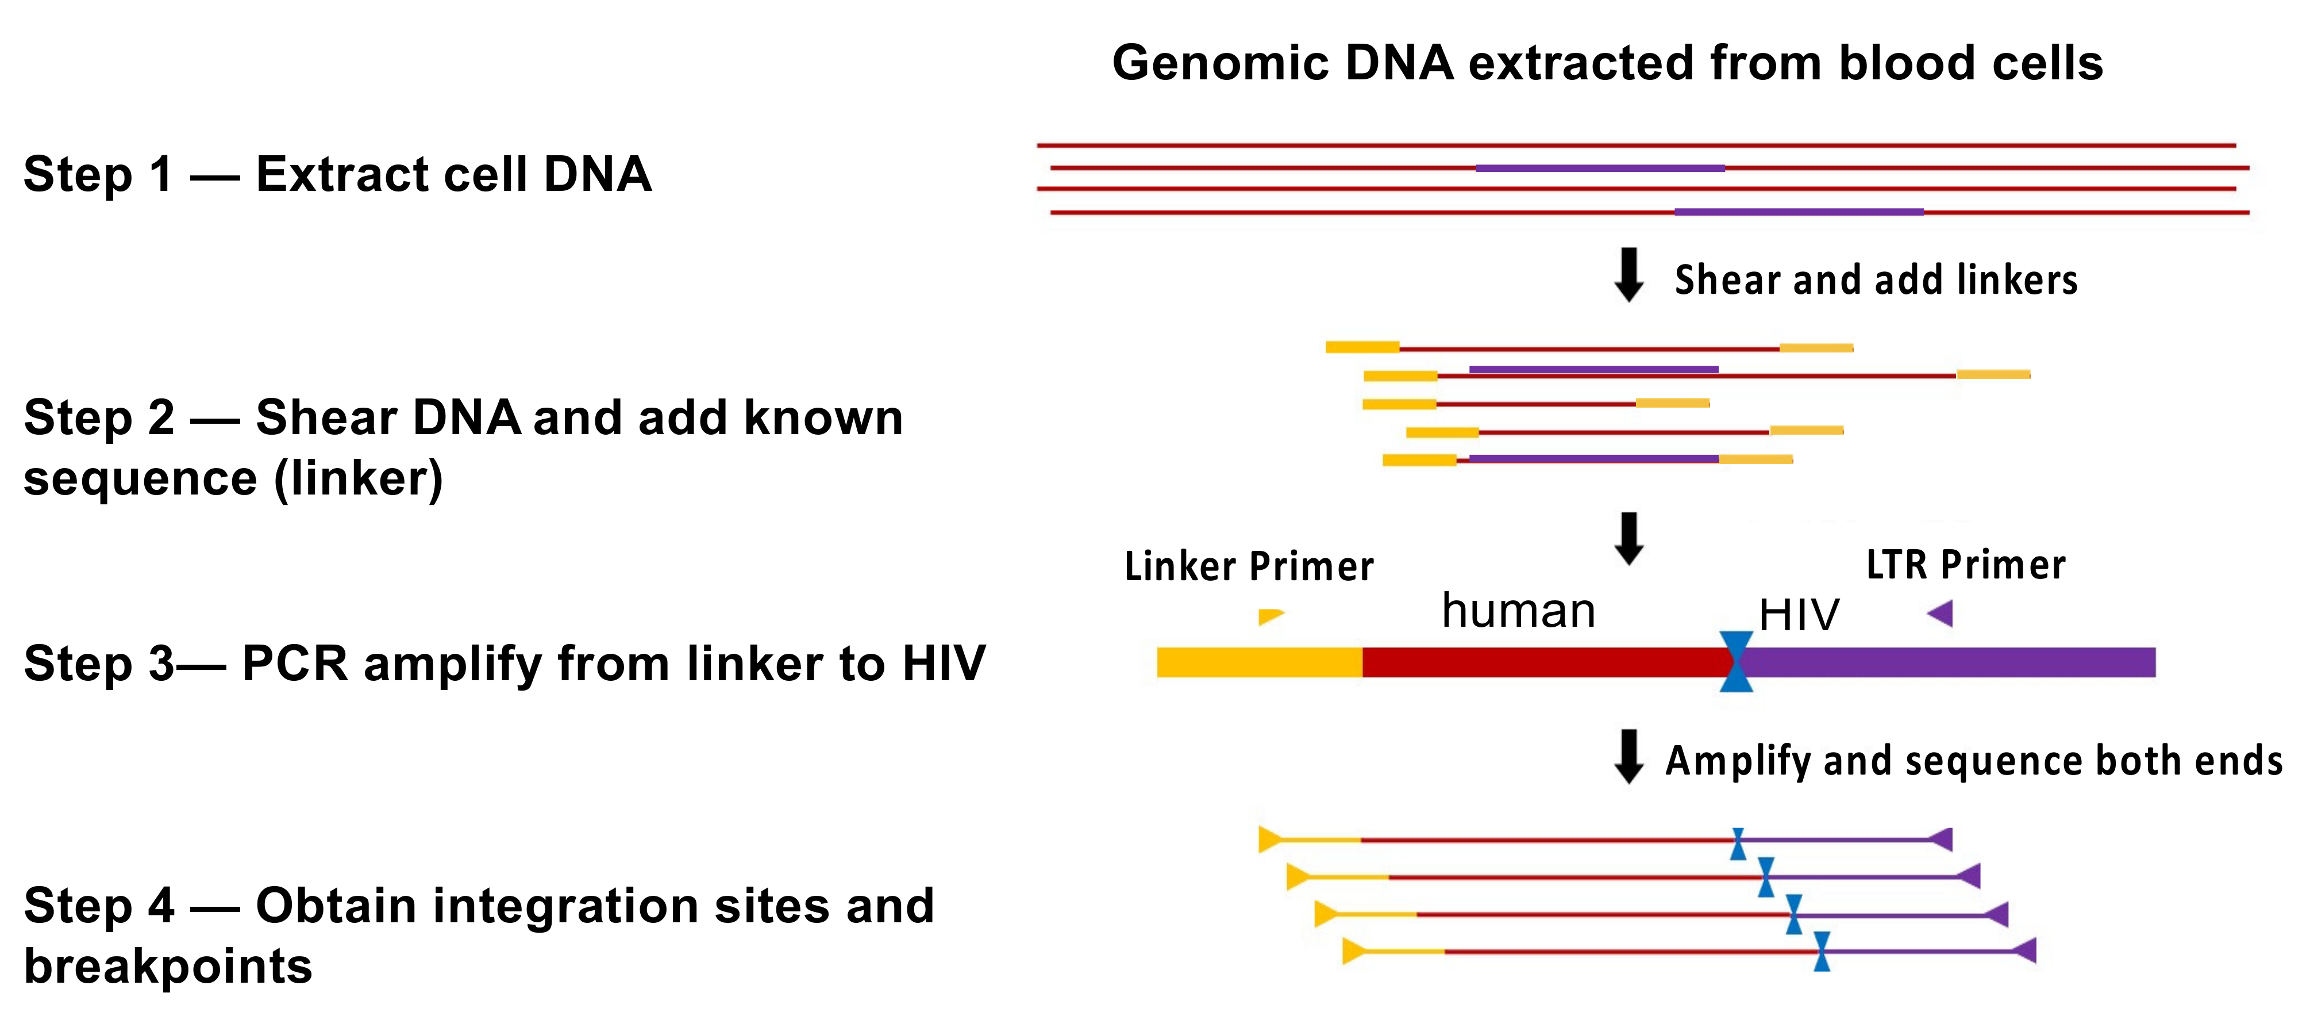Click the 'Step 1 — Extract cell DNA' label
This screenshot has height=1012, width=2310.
pos(337,174)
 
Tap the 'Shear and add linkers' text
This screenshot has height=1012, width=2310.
pos(1876,280)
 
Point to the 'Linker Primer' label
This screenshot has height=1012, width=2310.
pos(1248,566)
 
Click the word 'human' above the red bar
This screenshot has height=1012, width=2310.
pos(1518,611)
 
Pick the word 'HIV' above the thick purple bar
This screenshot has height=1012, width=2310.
pos(1799,615)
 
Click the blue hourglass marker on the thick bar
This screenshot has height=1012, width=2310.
pos(1736,661)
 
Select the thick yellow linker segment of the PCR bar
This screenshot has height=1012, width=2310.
pos(1259,662)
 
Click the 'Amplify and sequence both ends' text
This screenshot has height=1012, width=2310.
pos(1973,761)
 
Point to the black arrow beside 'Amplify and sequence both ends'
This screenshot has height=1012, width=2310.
pos(1628,756)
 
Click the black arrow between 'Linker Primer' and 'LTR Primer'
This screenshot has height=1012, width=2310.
pos(1628,538)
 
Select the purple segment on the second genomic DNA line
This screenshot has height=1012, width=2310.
pos(1600,168)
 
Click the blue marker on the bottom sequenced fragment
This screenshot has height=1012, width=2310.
pos(1821,951)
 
